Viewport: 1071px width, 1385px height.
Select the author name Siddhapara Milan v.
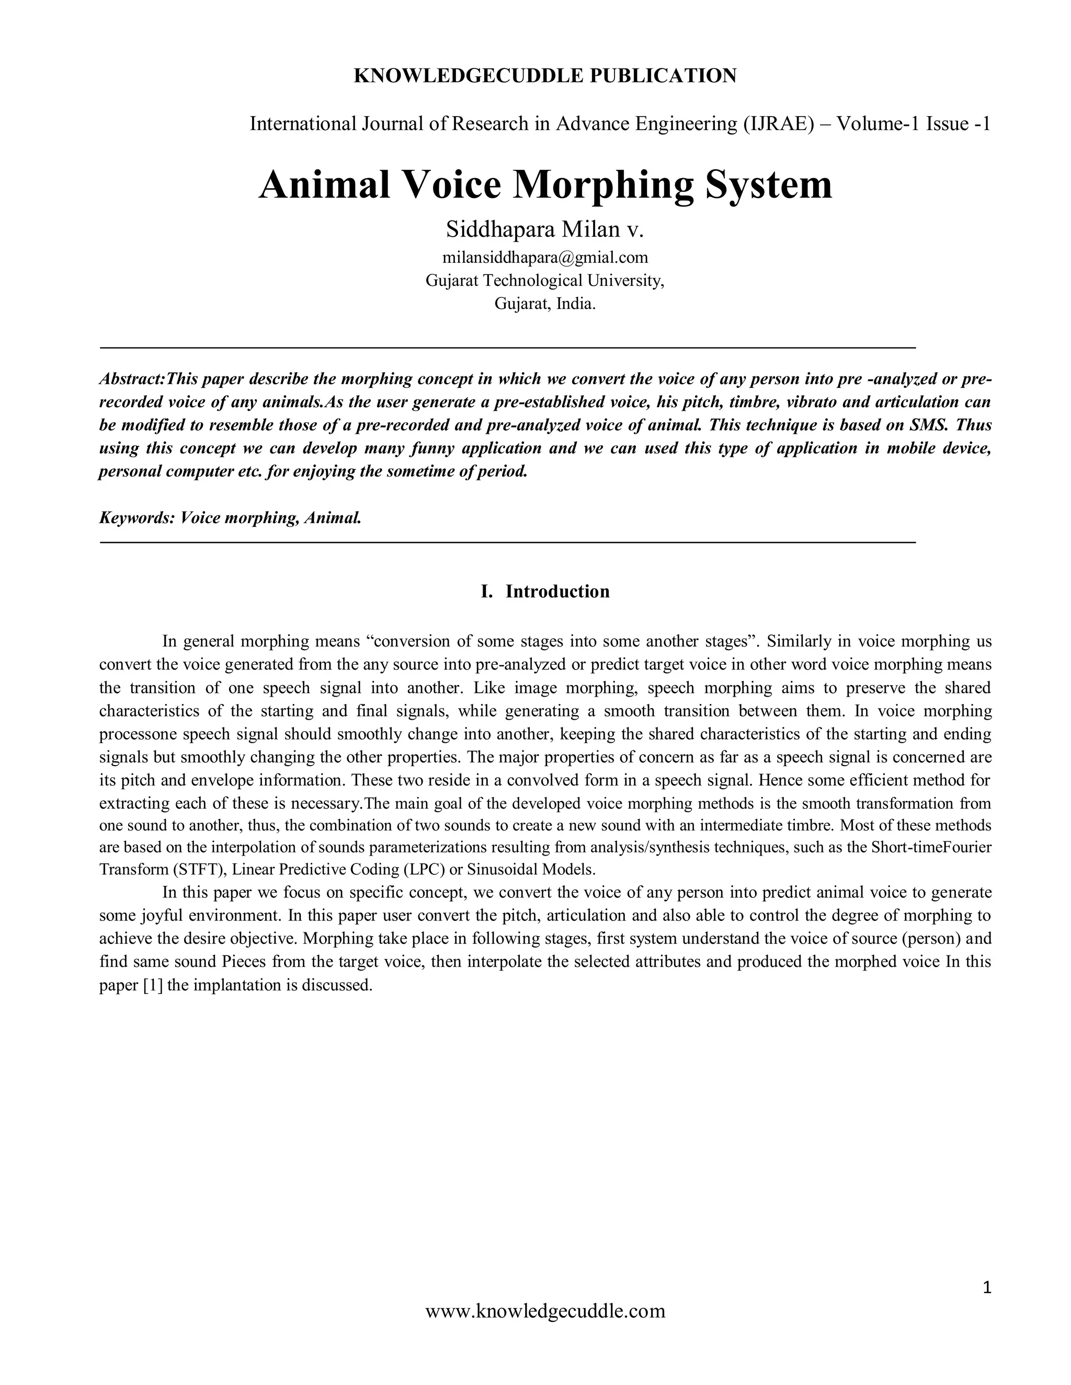[x=544, y=229]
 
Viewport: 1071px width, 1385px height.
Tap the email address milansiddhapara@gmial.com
[x=544, y=258]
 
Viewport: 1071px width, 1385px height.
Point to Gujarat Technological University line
[x=544, y=280]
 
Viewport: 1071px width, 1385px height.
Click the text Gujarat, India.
[x=544, y=303]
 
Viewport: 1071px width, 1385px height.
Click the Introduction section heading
[x=557, y=592]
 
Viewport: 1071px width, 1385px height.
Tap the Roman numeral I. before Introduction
[x=487, y=592]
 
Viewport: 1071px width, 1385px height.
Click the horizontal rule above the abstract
[x=508, y=348]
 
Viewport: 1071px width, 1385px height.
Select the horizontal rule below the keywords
[x=508, y=542]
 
